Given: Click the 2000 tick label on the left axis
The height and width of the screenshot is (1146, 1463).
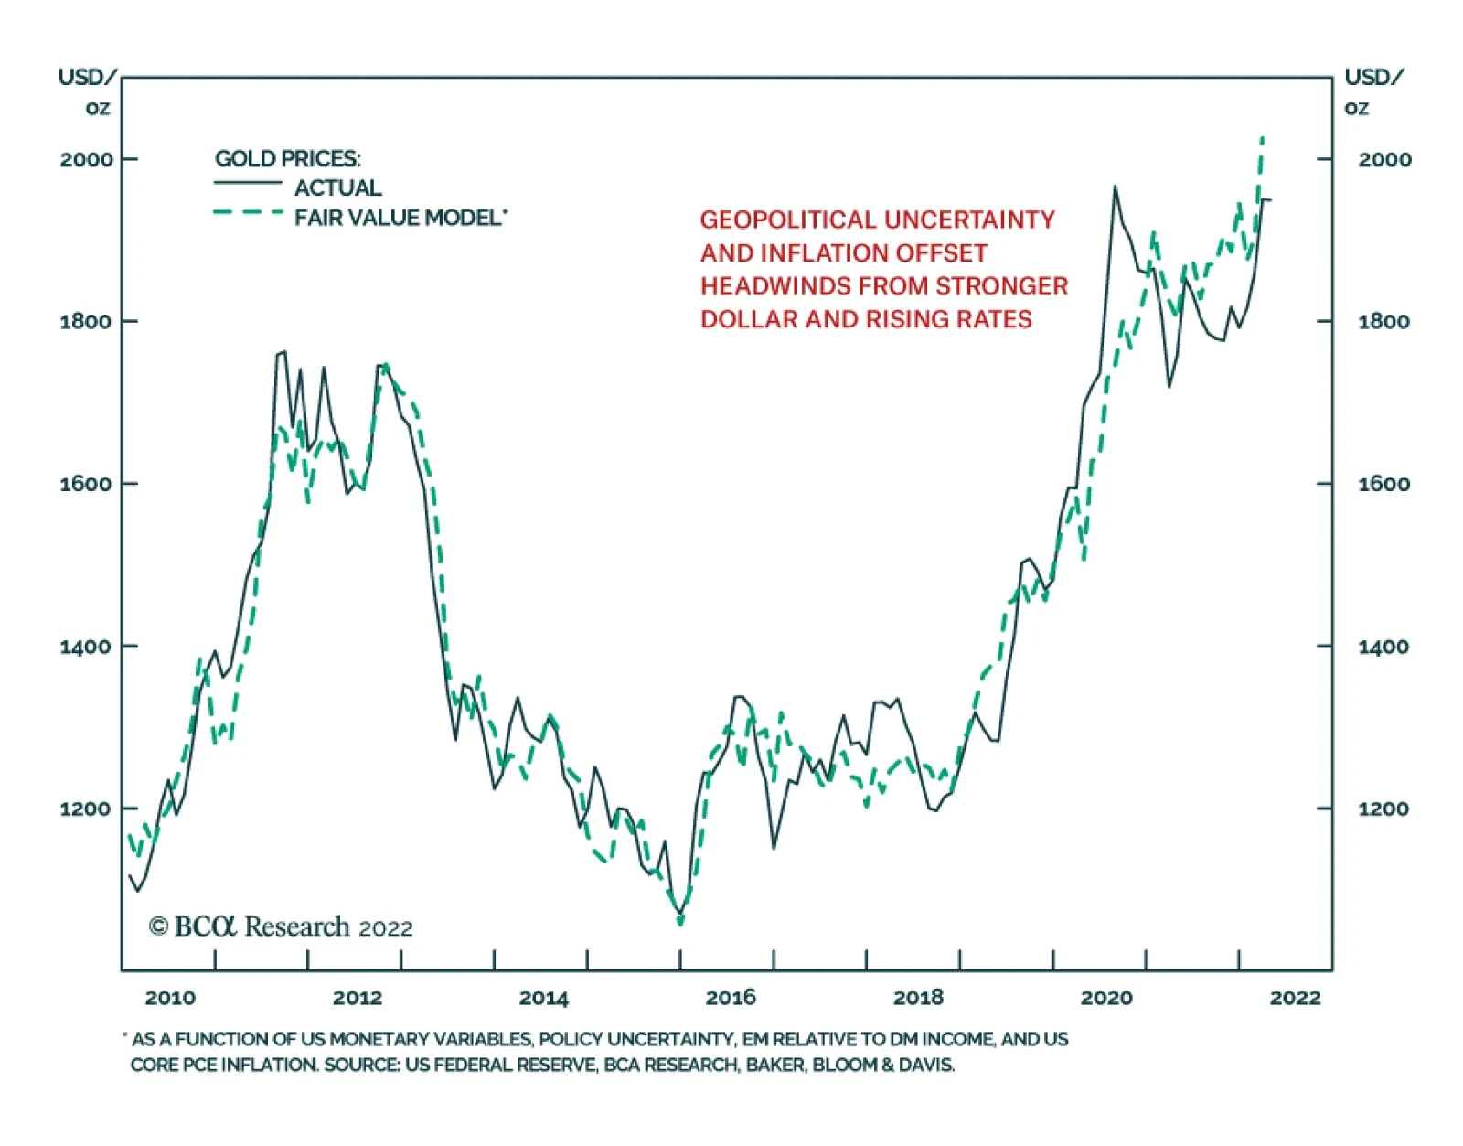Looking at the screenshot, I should click(x=87, y=159).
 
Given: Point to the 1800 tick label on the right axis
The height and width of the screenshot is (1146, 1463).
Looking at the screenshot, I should click(x=1383, y=321).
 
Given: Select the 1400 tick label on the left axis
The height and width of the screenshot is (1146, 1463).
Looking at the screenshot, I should click(x=87, y=647).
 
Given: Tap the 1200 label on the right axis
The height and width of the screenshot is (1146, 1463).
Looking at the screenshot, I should click(x=1383, y=809).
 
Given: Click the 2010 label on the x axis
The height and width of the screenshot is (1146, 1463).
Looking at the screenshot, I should click(x=170, y=998).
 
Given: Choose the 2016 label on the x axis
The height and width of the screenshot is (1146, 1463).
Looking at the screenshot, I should click(x=731, y=998).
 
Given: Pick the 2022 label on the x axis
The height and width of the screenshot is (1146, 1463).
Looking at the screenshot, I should click(x=1295, y=998).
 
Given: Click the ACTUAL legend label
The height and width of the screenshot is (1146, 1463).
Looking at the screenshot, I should click(x=337, y=188).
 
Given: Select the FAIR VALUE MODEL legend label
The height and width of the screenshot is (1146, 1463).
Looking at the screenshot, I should click(x=399, y=218).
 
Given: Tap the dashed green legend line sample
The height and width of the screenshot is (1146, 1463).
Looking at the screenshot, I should click(x=248, y=213).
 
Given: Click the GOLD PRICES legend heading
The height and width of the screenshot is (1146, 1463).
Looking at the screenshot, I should click(x=287, y=158).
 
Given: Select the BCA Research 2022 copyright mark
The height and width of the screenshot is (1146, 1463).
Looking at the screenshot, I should click(x=281, y=927).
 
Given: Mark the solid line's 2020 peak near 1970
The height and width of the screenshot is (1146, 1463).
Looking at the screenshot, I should click(x=1115, y=187).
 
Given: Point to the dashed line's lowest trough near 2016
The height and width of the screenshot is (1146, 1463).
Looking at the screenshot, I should click(x=680, y=922).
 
